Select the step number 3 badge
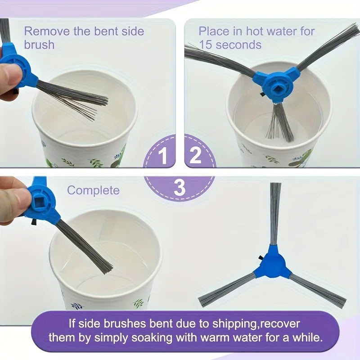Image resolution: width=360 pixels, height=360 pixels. point(180,188)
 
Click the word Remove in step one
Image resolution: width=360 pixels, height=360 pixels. point(47,31)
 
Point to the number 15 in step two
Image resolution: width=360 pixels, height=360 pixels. point(205,44)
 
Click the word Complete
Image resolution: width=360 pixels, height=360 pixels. point(93,190)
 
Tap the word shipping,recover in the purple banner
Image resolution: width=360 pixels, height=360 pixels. point(256,324)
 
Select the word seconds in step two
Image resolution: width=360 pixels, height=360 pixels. point(238,45)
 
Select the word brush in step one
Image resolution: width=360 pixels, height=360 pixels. point(39,45)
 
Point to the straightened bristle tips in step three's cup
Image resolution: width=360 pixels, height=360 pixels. point(106,268)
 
